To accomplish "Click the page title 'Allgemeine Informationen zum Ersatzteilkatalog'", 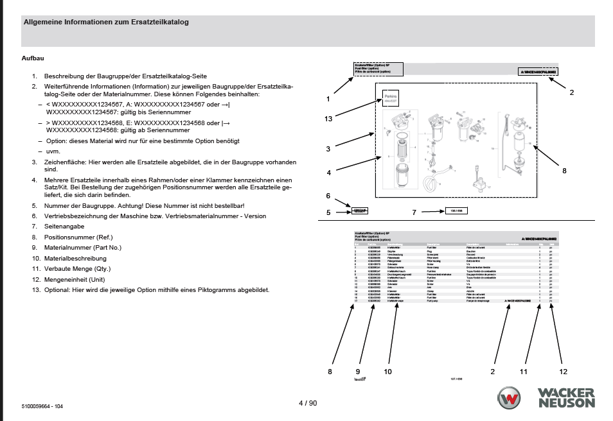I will click(x=106, y=22).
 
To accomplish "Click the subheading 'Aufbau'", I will click(x=33, y=59).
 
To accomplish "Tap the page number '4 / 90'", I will click(x=308, y=403).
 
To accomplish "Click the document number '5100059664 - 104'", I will click(x=42, y=407).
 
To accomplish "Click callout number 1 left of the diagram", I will click(x=328, y=99).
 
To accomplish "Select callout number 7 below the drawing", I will click(x=415, y=212).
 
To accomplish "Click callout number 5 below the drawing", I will click(x=328, y=212).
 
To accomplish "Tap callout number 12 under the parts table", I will click(x=563, y=371).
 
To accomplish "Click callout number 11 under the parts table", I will click(x=523, y=371).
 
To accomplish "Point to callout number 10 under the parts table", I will click(x=387, y=371).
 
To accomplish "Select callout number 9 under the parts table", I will click(x=359, y=371).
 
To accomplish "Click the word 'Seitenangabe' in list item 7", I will click(x=64, y=227).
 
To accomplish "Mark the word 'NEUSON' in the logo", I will click(x=566, y=403).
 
